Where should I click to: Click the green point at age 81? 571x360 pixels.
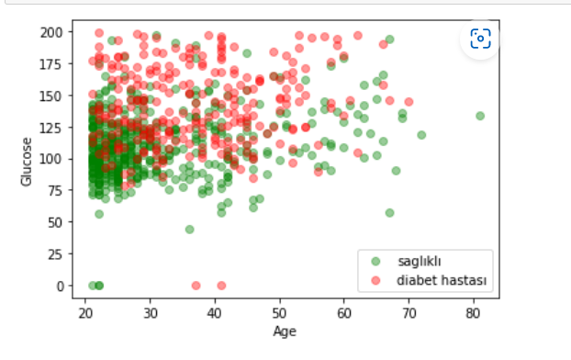click(479, 116)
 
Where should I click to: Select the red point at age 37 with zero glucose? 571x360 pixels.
click(196, 286)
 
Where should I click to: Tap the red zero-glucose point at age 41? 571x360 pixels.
click(221, 286)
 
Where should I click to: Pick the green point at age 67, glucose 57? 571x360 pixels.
click(389, 213)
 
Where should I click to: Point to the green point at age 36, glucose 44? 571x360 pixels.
click(189, 230)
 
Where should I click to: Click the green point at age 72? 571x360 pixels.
click(421, 135)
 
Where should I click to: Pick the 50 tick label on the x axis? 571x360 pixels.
click(279, 313)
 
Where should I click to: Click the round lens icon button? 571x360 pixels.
click(479, 38)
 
